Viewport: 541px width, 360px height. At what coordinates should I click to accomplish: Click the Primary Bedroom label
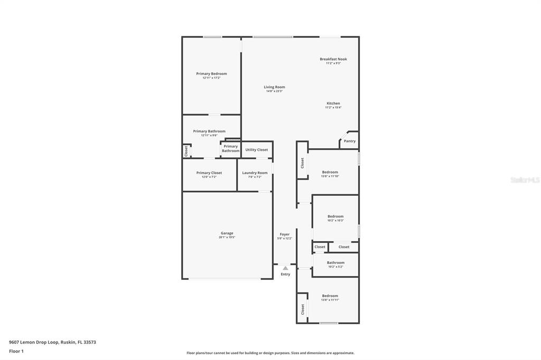tap(211, 74)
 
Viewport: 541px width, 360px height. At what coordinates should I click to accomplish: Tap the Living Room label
tap(274, 87)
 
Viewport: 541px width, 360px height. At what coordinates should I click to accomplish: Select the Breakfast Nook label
tap(333, 59)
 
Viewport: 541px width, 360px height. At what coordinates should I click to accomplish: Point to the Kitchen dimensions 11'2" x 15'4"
tap(333, 108)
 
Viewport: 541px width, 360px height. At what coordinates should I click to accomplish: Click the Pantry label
tap(349, 141)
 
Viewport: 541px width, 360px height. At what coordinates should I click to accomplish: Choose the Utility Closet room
tap(256, 150)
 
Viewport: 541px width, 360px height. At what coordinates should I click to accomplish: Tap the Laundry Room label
tap(255, 173)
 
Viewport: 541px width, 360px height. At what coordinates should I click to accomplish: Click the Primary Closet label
tap(209, 173)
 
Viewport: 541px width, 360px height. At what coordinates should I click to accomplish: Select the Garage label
tap(227, 233)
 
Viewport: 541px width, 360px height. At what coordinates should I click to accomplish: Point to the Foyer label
tap(284, 234)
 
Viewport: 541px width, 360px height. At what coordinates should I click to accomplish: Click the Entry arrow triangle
tap(285, 268)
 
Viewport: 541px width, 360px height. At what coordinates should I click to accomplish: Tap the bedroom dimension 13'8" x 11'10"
tap(330, 176)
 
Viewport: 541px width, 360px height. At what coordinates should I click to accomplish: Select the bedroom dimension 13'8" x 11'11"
tap(330, 300)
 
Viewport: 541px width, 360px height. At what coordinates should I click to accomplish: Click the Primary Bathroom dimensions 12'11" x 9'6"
tap(209, 136)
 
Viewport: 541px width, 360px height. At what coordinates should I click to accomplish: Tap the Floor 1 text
tap(16, 351)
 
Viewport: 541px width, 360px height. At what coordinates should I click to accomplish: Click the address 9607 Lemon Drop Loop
tap(52, 342)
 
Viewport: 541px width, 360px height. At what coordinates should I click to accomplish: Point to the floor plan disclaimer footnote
tap(270, 353)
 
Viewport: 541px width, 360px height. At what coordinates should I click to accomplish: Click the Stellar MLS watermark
tap(524, 180)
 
